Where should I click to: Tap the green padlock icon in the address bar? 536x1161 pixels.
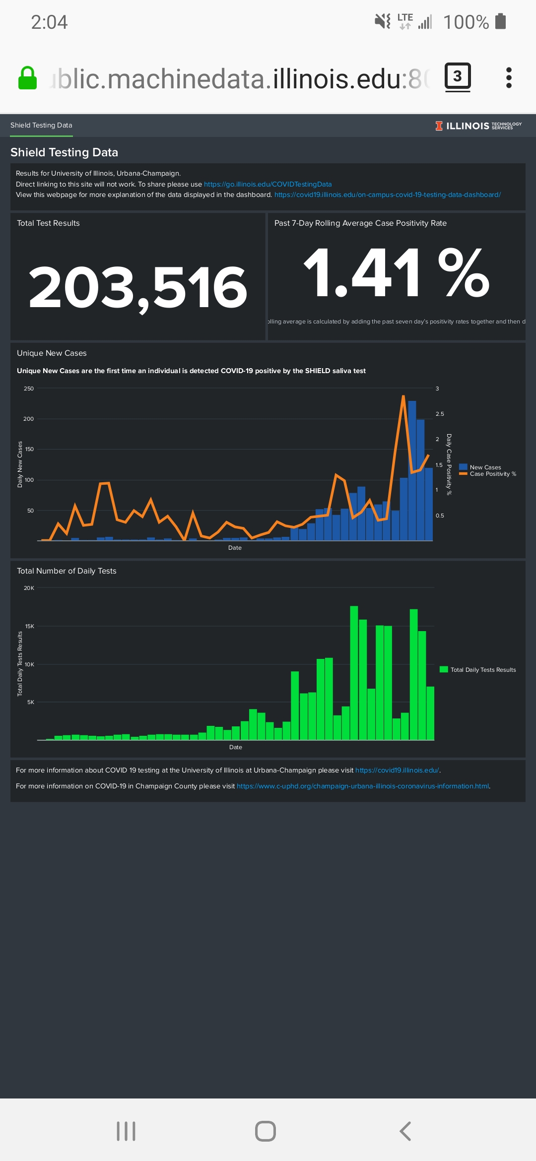tap(28, 78)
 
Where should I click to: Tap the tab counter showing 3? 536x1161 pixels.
tap(457, 76)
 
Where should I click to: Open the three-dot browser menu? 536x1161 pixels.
tap(508, 78)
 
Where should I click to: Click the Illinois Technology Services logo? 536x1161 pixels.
tap(478, 126)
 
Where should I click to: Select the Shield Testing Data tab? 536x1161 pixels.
tap(41, 126)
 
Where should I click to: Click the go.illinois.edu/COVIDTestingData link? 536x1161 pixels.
tap(268, 184)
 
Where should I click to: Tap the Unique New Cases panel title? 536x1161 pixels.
tap(52, 353)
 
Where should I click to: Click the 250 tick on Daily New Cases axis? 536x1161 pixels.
tap(29, 388)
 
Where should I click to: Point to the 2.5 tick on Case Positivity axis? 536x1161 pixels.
tap(440, 414)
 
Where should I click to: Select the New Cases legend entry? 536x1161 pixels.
tap(485, 467)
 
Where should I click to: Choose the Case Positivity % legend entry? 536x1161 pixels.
tap(492, 474)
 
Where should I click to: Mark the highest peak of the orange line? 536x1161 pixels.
tap(403, 396)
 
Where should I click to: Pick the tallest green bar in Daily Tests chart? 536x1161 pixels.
tap(354, 672)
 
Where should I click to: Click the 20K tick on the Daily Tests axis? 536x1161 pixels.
tap(29, 588)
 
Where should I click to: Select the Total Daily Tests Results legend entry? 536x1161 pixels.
tap(482, 670)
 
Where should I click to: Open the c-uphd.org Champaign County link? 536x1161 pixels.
tap(363, 786)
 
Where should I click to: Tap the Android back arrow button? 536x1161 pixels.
tap(405, 1131)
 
